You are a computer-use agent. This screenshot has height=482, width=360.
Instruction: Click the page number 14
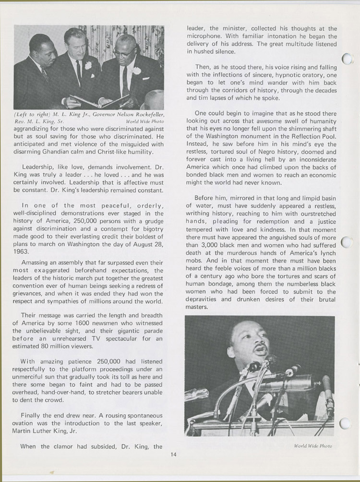tap(173, 456)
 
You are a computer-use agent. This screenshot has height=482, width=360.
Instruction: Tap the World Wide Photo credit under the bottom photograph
tap(313, 446)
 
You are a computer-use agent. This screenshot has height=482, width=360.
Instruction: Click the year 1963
tap(22, 251)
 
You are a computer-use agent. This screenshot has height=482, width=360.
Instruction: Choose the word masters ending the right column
tap(196, 306)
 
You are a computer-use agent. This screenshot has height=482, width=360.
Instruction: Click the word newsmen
tap(129, 324)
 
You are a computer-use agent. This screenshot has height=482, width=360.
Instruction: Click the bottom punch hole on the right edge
tap(345, 423)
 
